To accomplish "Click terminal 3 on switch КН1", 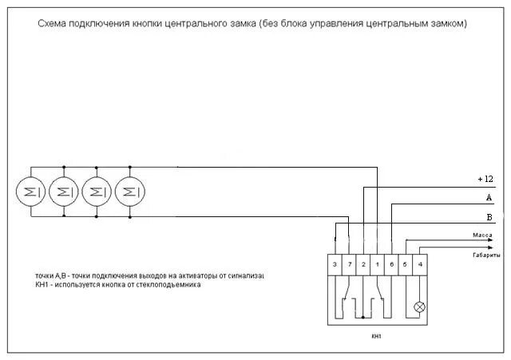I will tap(335, 263).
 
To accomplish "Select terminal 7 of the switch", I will tap(349, 263).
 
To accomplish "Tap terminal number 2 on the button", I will tap(363, 263).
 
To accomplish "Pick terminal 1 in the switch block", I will tap(377, 263).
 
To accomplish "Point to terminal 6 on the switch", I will tap(391, 263).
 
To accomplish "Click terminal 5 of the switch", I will tap(405, 263).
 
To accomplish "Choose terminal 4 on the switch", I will tap(421, 263).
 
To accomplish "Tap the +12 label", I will tap(485, 179).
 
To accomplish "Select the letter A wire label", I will tap(489, 196).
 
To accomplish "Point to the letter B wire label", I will tap(489, 216).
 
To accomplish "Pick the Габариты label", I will tap(485, 255).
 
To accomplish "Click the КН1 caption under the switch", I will tap(377, 336).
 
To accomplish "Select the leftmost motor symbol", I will tap(30, 192).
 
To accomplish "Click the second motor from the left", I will tap(63, 192).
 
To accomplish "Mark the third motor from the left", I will tap(96, 192).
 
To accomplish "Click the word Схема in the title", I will tap(53, 24).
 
